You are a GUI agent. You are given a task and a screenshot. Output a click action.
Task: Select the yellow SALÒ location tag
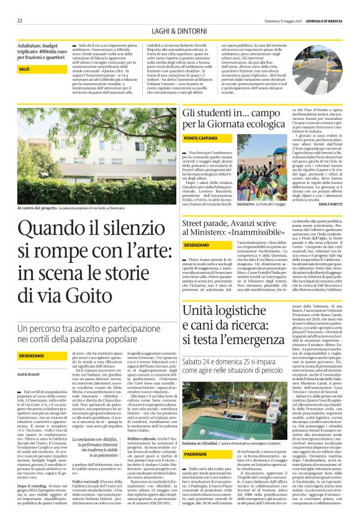click(24, 69)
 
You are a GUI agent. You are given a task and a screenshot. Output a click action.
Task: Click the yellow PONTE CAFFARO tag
click(200, 137)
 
